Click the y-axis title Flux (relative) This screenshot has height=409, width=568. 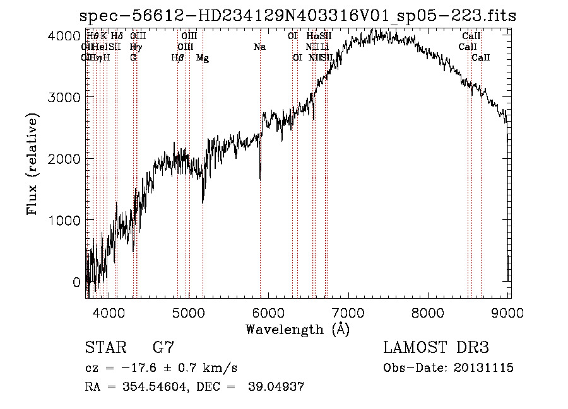click(x=32, y=163)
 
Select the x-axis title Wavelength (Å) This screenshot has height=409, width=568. click(x=297, y=329)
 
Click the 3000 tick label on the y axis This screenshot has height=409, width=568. click(x=64, y=97)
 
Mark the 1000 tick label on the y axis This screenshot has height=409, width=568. click(x=64, y=220)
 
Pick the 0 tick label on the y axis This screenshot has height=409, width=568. click(x=76, y=282)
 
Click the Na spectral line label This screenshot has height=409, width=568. click(x=259, y=47)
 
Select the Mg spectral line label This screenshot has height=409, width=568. click(x=203, y=58)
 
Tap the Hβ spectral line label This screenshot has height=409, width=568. click(x=177, y=58)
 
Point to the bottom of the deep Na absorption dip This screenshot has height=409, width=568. click(x=260, y=179)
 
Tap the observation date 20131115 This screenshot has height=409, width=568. click(x=483, y=368)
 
